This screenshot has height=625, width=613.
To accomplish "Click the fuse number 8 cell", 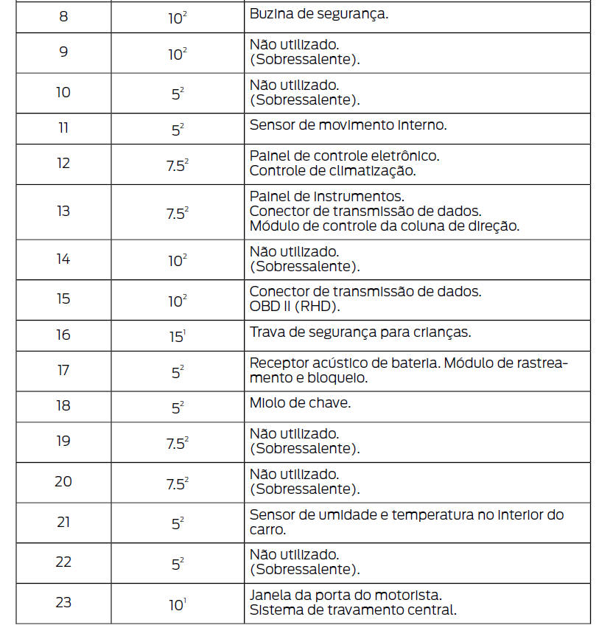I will pos(63,16).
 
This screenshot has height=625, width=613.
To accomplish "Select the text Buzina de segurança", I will pos(319,13).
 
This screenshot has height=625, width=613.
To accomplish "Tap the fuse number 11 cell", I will pos(63,128).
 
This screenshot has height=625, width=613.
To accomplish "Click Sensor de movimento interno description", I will pos(348,125).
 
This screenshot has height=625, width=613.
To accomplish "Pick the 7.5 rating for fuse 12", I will pos(178,164).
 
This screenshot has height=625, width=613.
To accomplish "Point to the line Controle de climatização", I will pos(332,171).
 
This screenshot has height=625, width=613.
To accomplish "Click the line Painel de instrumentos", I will pos(326,196).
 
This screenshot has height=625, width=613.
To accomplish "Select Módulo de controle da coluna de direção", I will pos(384,226).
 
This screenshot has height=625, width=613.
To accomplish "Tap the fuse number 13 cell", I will pos(63,212).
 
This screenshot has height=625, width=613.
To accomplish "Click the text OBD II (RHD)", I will pos(294,306).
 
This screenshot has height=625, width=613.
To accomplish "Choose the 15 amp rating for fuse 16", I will pos(178,335).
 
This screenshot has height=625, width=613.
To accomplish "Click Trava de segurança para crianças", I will pos(360,332).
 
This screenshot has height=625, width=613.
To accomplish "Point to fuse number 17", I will pos(63,371).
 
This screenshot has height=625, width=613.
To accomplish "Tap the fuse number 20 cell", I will pos(63,482).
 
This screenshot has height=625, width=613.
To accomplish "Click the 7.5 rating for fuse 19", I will pos(178,442).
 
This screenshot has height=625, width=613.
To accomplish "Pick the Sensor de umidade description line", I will pos(407,514).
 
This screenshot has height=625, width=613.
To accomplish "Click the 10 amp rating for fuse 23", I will pos(178,604).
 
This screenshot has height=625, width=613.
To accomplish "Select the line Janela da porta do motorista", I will pos(346,595).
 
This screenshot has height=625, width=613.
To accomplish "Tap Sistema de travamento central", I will pos(353,610).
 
